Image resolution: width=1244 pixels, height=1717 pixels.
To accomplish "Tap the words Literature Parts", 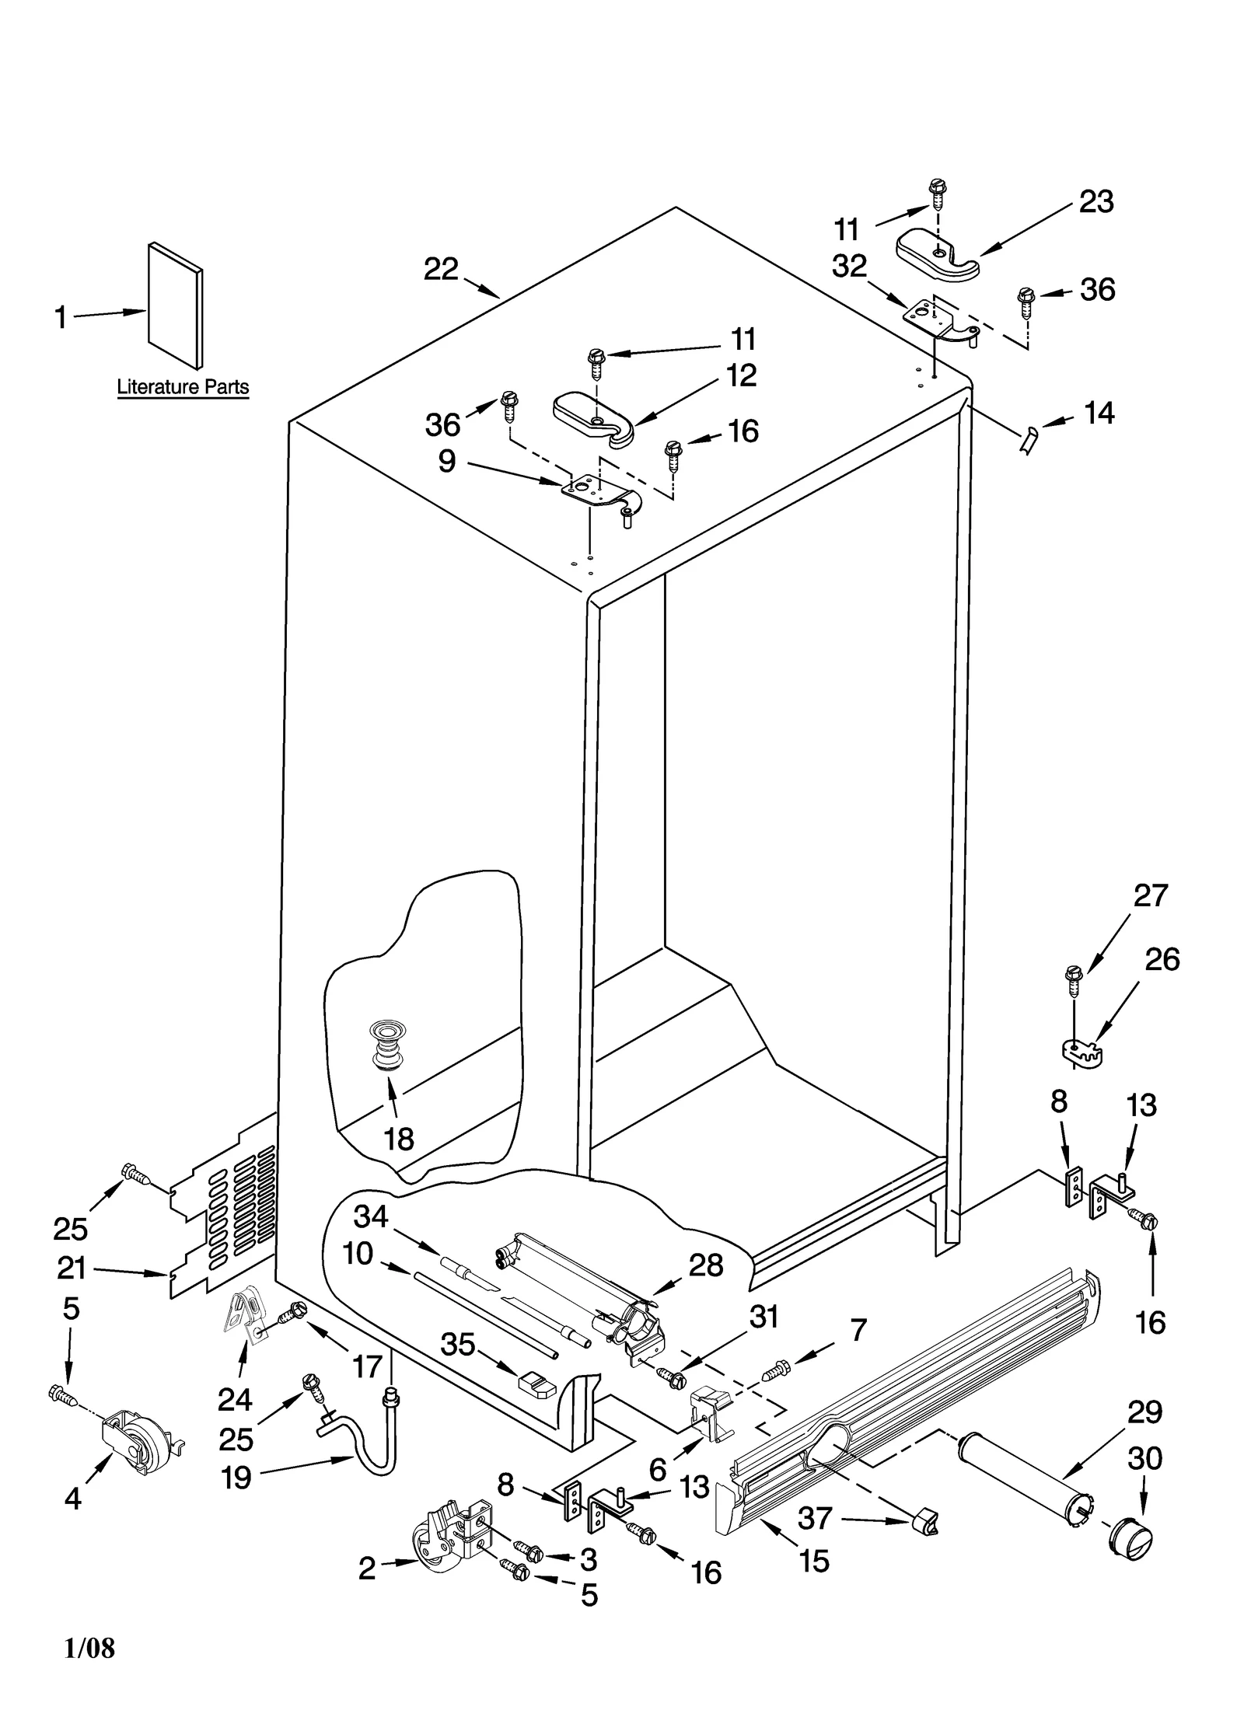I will tap(183, 387).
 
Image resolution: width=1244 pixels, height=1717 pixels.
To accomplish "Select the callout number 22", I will tap(441, 270).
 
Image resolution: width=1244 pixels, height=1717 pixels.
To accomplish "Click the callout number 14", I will tap(1099, 414).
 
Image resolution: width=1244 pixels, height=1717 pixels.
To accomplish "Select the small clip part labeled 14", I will tap(1028, 441).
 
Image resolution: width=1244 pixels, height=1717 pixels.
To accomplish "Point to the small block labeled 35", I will tap(537, 1383).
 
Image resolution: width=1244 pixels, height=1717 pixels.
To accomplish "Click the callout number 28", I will tap(706, 1265).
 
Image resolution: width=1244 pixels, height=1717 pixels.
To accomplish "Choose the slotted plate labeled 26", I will tap(1083, 1052).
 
